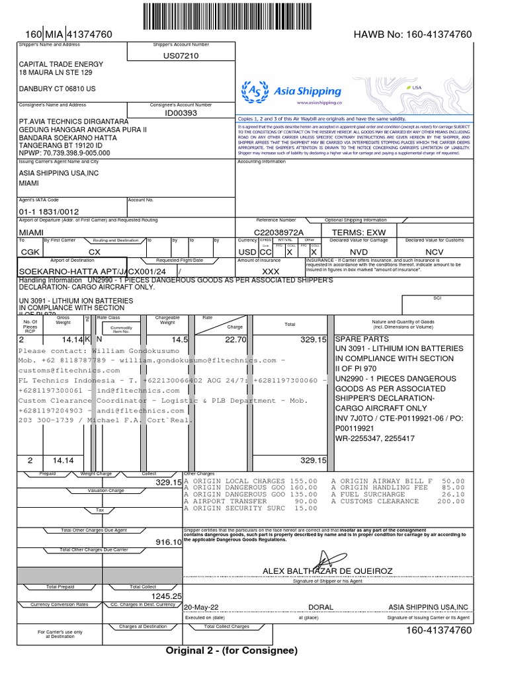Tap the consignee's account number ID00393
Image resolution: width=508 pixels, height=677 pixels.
coord(181,113)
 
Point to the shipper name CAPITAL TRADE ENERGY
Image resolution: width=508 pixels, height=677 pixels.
coord(61,64)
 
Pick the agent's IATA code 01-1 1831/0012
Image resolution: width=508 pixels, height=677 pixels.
coord(51,212)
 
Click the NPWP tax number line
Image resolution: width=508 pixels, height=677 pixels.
coord(64,153)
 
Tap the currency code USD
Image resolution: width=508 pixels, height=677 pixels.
coord(247,252)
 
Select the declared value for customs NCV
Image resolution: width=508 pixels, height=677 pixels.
coord(434,252)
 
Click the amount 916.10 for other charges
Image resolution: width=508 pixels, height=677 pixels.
coord(168,541)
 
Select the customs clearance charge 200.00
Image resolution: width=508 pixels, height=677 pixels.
coord(451,501)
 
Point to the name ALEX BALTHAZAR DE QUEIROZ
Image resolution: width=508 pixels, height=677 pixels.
coord(327,571)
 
